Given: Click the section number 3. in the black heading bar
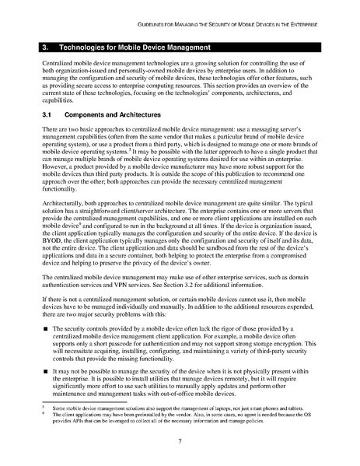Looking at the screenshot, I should (47, 47).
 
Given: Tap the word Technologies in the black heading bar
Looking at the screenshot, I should (87, 47).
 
